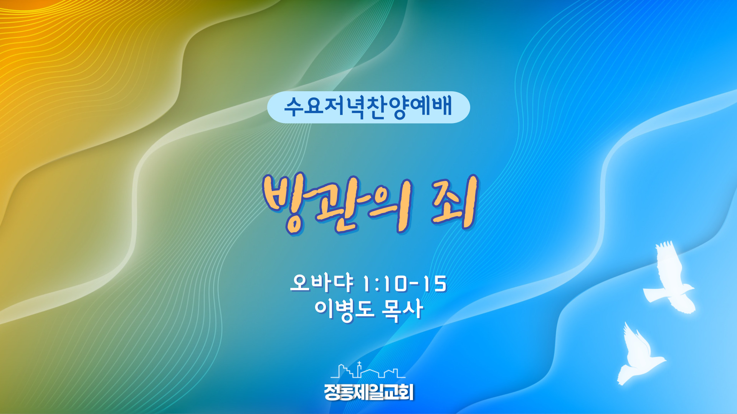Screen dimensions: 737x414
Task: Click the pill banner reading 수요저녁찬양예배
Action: tap(368, 107)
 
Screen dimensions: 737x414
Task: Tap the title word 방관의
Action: tap(337, 204)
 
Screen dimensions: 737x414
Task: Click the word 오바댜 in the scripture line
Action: tap(322, 283)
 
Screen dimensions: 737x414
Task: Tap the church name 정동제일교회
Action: tap(368, 392)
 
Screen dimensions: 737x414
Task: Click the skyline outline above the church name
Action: tap(368, 370)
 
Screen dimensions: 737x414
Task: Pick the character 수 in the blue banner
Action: tap(294, 107)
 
